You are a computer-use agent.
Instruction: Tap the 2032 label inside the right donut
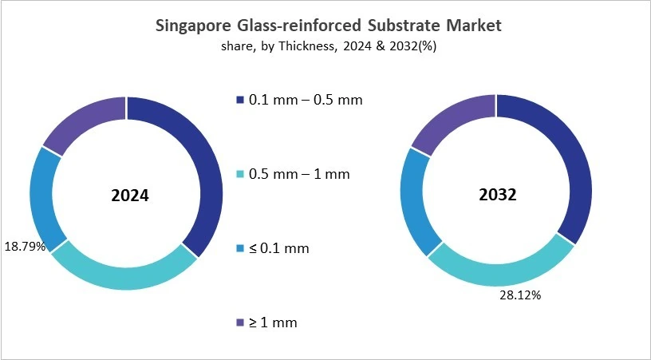(x=496, y=195)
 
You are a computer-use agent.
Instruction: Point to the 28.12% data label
(x=520, y=295)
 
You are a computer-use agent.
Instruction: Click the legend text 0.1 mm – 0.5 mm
(x=306, y=100)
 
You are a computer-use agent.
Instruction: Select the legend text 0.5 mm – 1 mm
(x=298, y=174)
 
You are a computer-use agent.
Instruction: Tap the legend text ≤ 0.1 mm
(x=279, y=248)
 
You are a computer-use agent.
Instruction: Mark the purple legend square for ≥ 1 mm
(x=239, y=322)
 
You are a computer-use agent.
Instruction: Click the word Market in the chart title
(x=474, y=26)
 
